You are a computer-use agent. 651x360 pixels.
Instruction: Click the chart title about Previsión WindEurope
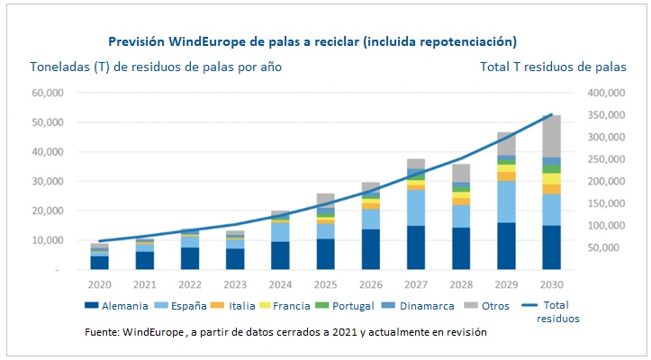(312, 41)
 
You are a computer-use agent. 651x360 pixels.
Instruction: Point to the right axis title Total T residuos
(553, 67)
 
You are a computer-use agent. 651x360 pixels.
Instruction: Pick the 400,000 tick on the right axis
(605, 93)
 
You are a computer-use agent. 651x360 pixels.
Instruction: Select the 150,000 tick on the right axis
(605, 203)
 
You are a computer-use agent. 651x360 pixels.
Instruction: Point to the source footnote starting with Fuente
(285, 331)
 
